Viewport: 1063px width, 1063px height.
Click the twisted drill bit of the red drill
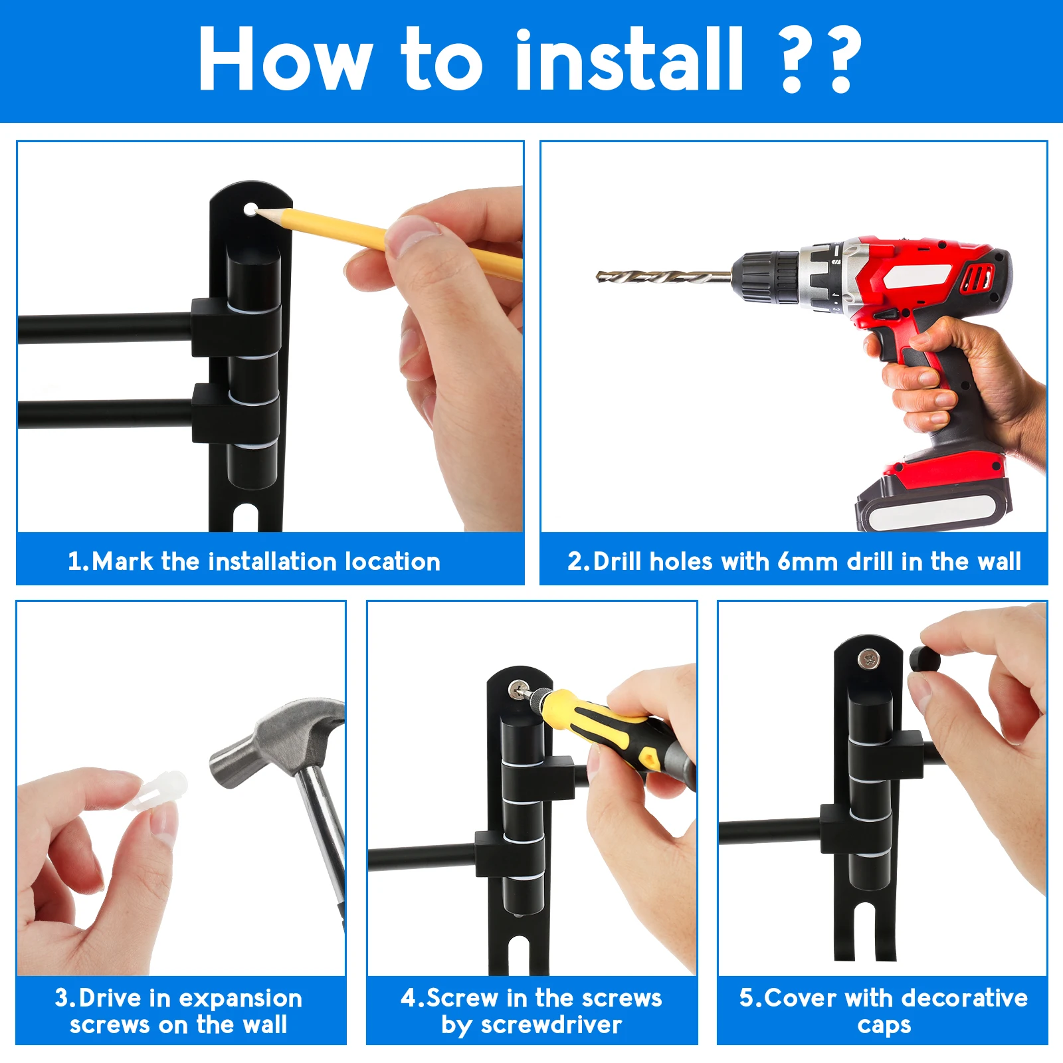664,276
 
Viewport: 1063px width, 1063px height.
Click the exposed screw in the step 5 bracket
868,659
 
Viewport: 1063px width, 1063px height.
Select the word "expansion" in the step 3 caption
241,999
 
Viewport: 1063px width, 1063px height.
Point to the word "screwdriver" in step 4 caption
551,1025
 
